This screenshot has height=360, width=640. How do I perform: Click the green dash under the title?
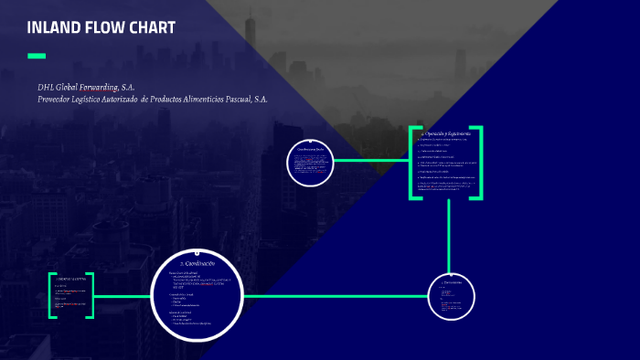[x=37, y=57]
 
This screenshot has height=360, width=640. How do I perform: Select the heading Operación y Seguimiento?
[x=445, y=134]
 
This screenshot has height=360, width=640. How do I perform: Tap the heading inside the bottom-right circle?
[x=453, y=283]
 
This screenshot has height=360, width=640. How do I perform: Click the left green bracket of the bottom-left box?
[x=51, y=295]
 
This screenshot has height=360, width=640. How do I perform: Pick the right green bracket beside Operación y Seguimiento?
[x=478, y=162]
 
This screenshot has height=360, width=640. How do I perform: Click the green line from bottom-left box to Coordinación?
[x=123, y=296]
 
